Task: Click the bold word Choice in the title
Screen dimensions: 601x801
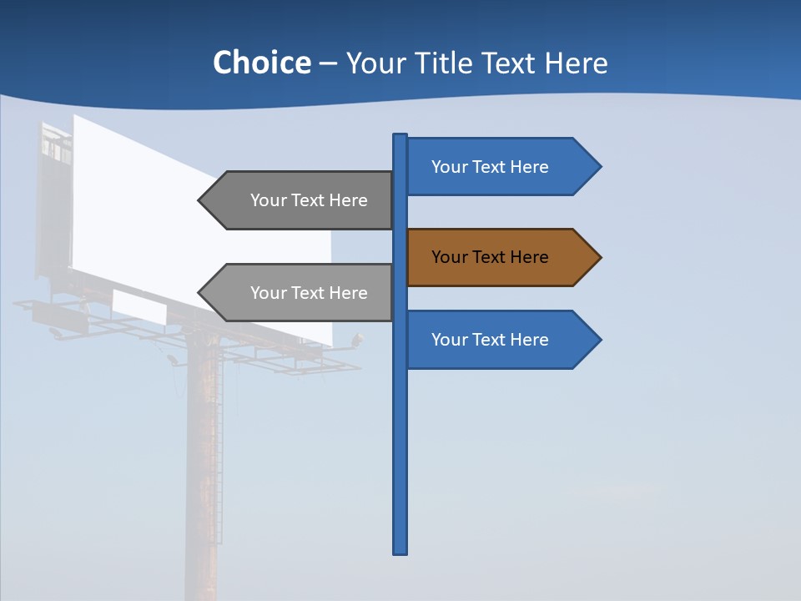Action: [x=261, y=63]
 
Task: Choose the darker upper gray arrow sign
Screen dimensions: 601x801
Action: [x=300, y=200]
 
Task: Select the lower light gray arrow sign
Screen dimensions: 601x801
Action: [x=300, y=293]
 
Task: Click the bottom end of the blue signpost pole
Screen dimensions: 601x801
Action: [x=400, y=551]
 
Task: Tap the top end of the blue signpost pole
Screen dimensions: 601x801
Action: [x=400, y=137]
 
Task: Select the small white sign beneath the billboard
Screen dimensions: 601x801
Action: [x=139, y=306]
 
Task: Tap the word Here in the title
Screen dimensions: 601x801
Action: [x=575, y=63]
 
